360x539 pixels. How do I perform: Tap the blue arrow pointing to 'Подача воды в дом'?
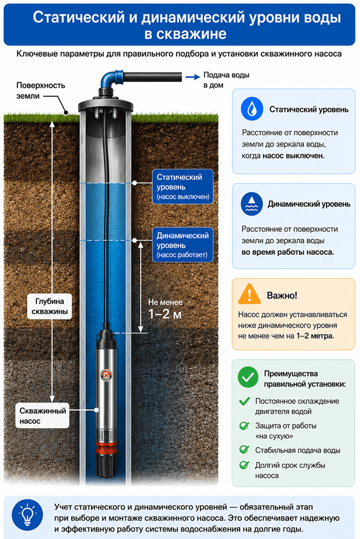pyautogui.click(x=193, y=77)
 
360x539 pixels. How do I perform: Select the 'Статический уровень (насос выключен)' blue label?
pyautogui.click(x=183, y=187)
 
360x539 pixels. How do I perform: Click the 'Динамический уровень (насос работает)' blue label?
pyautogui.click(x=183, y=245)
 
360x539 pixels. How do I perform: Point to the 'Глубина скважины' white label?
pyautogui.click(x=50, y=306)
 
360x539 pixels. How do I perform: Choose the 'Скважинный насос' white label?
pyautogui.click(x=42, y=416)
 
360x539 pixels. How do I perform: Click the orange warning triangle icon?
pyautogui.click(x=249, y=294)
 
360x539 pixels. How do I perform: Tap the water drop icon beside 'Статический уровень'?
pyautogui.click(x=252, y=108)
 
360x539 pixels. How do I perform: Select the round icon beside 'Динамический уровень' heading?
pyautogui.click(x=252, y=204)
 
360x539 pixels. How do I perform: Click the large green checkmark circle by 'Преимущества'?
pyautogui.click(x=248, y=377)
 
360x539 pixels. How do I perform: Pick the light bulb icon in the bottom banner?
pyautogui.click(x=27, y=515)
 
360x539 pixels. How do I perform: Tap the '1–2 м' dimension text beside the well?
pyautogui.click(x=164, y=314)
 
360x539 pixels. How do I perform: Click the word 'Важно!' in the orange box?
pyautogui.click(x=282, y=295)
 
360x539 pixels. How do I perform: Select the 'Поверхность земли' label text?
pyautogui.click(x=40, y=91)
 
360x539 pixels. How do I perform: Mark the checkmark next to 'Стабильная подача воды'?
pyautogui.click(x=244, y=449)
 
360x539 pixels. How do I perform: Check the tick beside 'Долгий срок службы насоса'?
pyautogui.click(x=244, y=465)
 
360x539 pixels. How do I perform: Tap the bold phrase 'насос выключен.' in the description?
pyautogui.click(x=293, y=156)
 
